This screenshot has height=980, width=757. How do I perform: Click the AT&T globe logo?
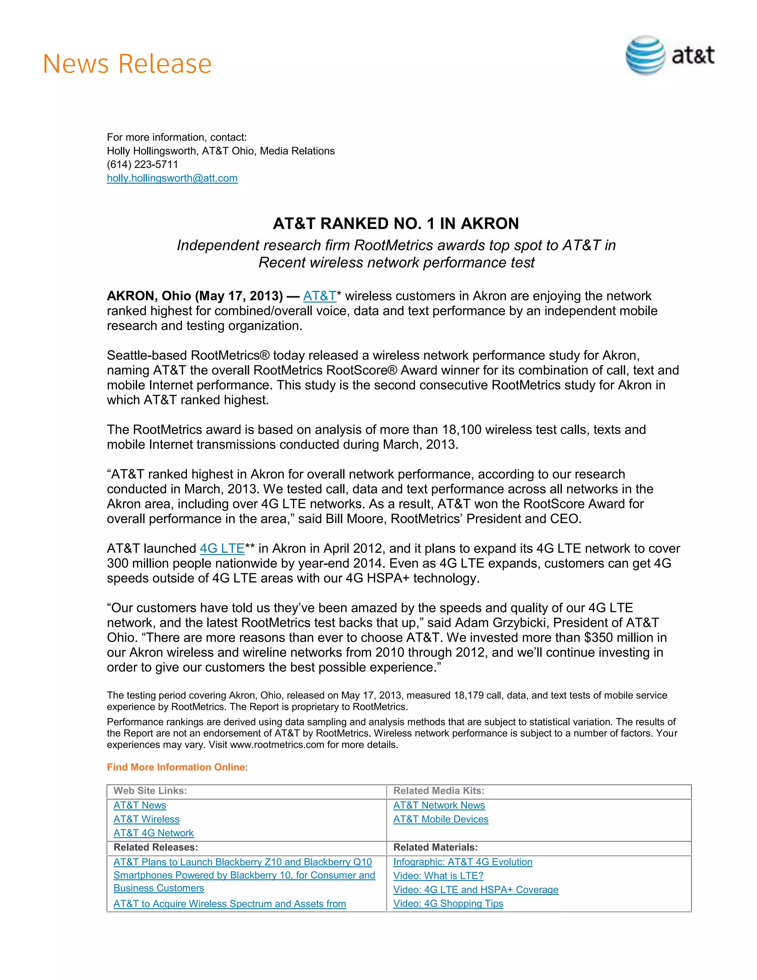click(645, 55)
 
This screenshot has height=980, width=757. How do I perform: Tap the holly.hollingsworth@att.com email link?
click(172, 178)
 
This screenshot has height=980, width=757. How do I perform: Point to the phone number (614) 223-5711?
click(142, 164)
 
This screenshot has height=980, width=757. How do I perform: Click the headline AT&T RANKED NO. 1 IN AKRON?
click(396, 223)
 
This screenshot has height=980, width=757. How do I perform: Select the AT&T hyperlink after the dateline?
click(319, 296)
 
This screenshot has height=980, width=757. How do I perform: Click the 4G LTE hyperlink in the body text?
click(222, 548)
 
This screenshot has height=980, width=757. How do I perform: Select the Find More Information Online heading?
click(177, 767)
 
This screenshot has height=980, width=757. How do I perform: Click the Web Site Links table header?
click(150, 791)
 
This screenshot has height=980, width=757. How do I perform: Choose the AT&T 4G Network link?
click(153, 833)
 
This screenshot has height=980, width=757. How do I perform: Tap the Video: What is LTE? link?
click(438, 875)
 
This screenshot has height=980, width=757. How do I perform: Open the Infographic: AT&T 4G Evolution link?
click(462, 862)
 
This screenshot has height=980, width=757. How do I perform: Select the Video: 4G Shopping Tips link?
click(448, 903)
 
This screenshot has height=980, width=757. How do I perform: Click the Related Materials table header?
click(435, 847)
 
